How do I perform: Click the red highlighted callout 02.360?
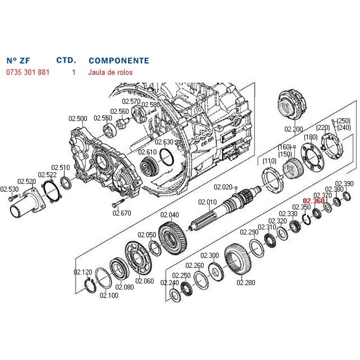(x=313, y=201)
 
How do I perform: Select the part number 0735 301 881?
(x=28, y=72)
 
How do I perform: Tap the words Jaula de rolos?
(x=110, y=72)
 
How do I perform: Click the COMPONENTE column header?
(x=119, y=60)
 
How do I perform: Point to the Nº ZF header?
(x=18, y=60)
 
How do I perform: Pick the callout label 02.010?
(x=207, y=202)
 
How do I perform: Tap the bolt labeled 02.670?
(x=118, y=202)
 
